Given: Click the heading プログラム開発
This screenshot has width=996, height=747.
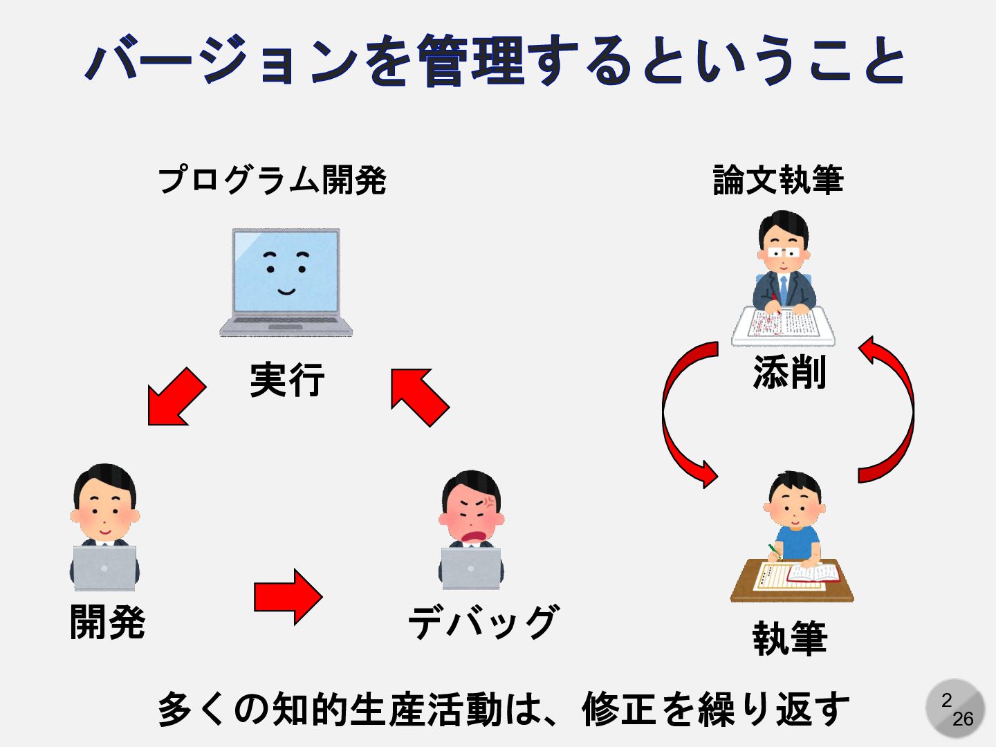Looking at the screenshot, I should click(x=272, y=180).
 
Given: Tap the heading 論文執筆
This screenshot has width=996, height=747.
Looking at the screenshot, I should click(x=778, y=180).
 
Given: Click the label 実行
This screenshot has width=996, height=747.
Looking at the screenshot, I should click(x=287, y=380).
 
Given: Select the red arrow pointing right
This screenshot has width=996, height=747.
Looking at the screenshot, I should click(x=287, y=597).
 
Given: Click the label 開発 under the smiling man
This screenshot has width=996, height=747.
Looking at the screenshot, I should click(x=108, y=621).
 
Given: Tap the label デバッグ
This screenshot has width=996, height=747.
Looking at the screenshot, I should click(x=483, y=621).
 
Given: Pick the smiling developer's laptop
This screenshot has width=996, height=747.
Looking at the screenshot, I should click(x=104, y=568).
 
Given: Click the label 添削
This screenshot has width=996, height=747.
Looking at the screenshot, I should click(x=789, y=373).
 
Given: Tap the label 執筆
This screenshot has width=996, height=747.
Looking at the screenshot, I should click(x=789, y=638).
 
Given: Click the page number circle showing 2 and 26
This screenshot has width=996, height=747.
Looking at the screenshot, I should click(x=955, y=709).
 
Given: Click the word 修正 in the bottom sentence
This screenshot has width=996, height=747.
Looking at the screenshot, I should click(x=618, y=710).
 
